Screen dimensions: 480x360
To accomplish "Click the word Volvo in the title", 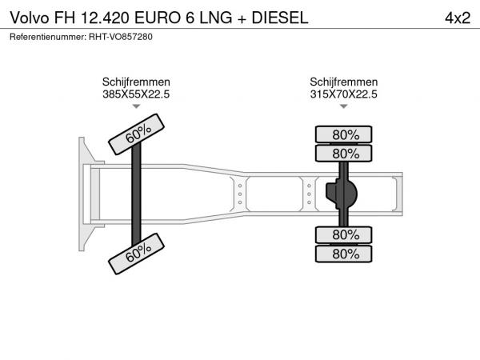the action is (30, 18).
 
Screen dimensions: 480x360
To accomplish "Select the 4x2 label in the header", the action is (458, 18).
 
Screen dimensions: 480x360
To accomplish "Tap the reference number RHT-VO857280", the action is (121, 37).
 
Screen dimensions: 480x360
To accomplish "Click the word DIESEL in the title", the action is (280, 18).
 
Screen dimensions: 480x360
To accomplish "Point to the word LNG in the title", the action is (216, 18).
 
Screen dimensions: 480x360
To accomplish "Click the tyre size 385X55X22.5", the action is (136, 94).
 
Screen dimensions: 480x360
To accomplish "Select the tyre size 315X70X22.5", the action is (343, 94).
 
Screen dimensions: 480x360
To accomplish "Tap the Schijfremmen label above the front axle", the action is (136, 82).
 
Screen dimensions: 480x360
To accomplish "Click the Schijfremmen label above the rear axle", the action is (343, 82).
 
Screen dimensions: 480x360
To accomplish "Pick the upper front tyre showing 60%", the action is (137, 134).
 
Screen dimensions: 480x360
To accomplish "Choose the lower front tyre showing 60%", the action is (137, 254).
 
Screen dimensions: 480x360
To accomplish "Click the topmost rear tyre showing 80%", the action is (343, 134).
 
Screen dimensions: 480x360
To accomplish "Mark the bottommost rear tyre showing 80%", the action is (343, 254).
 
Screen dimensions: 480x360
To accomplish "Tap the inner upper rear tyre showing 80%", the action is (343, 154).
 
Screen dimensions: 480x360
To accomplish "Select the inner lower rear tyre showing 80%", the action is (343, 235).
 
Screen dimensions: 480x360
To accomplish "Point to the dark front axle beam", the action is (136, 194).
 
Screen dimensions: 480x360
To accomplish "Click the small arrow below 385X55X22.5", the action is (136, 106).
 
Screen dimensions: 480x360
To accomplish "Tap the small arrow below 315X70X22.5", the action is (344, 106).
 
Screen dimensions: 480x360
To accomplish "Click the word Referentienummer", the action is (48, 37).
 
